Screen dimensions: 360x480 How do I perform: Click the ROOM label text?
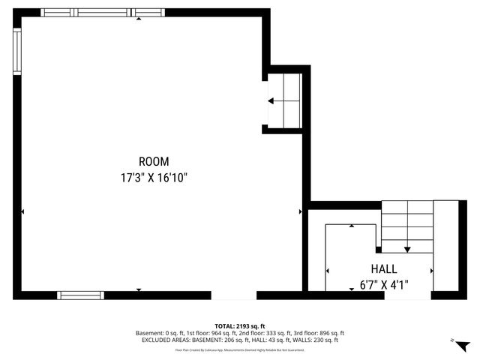pos(154,161)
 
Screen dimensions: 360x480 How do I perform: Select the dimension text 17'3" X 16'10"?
pos(154,178)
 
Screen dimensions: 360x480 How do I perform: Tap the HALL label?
pos(384,268)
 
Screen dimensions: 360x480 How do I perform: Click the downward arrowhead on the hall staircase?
pos(407,249)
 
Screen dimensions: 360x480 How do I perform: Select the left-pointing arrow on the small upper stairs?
pos(271,100)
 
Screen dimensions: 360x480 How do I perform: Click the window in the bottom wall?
pos(79,295)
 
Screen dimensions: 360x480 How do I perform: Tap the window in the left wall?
pos(16,52)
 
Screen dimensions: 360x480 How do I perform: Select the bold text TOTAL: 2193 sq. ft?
pos(240,326)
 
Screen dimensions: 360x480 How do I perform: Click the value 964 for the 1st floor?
pos(211,333)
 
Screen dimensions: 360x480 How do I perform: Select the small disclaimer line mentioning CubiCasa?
pos(240,349)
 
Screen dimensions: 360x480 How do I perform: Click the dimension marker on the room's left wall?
pos(23,212)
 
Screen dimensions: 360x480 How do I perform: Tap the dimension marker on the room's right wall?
pos(300,212)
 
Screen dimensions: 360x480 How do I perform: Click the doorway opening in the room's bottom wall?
pos(233,295)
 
